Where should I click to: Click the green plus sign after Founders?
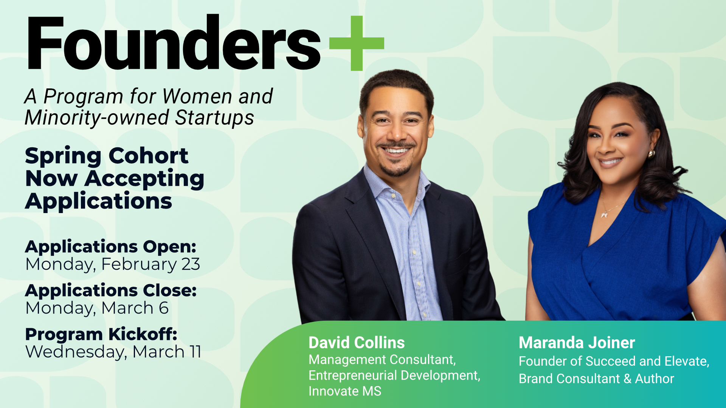point(357,43)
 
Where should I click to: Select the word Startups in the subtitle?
point(214,117)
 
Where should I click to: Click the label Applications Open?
point(111,247)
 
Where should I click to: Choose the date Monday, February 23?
point(113,264)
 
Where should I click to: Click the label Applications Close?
point(111,291)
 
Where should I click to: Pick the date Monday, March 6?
point(97,308)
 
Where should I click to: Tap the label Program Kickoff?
point(101,334)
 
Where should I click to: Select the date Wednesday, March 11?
point(113,352)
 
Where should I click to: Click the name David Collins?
point(357,343)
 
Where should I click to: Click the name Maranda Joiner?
point(577,343)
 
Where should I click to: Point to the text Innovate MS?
point(345,391)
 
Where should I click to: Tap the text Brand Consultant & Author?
point(596,379)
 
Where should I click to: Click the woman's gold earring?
point(652,154)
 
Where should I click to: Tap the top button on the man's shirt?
point(394,196)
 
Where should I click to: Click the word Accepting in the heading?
point(144,179)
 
